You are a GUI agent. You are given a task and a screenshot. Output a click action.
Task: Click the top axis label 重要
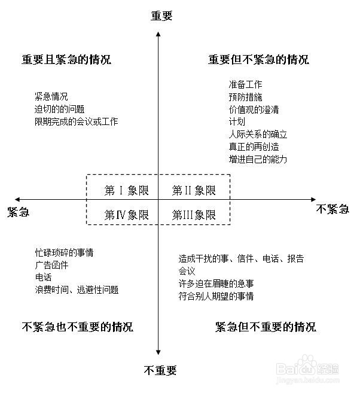point(161,16)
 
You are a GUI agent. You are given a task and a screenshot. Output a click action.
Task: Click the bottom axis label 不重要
point(160,370)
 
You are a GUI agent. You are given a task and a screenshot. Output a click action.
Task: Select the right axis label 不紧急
point(332,209)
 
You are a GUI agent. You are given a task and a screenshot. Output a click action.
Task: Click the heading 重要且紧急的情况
point(66,60)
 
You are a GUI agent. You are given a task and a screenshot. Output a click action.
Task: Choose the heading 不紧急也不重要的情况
point(78,327)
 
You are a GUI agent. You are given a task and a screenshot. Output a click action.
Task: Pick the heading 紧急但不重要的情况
point(265,327)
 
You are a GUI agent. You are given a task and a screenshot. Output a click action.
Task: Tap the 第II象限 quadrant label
point(194,191)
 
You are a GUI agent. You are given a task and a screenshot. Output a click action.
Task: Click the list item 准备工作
point(245,85)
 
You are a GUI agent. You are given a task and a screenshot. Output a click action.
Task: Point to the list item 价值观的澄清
point(254,109)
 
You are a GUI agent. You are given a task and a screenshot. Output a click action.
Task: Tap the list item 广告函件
point(51,265)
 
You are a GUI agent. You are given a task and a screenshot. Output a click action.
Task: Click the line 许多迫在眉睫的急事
point(216,284)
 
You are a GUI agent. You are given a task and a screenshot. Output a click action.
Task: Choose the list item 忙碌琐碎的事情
point(64,252)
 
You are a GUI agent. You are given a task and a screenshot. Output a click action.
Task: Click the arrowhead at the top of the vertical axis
point(157,31)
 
